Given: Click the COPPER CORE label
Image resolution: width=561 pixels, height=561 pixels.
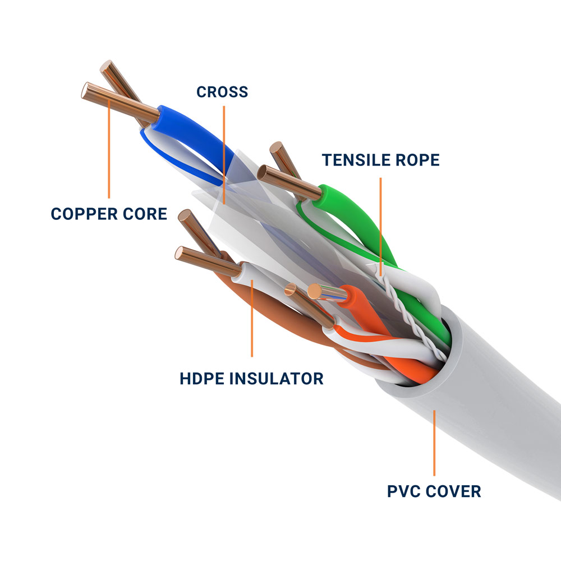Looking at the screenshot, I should coord(109,214).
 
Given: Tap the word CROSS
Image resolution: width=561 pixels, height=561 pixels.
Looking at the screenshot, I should coord(222,91).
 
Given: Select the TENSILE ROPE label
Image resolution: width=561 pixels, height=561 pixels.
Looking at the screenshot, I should coord(381,160).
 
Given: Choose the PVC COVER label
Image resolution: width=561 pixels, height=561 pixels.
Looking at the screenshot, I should coord(434,491).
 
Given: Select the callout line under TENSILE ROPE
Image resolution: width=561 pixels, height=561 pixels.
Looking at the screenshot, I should coord(381,224).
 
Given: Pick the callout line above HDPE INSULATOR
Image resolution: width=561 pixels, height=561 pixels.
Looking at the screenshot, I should coord(252,320).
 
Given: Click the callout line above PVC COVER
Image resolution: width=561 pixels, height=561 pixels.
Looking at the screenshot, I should coord(434,443).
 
